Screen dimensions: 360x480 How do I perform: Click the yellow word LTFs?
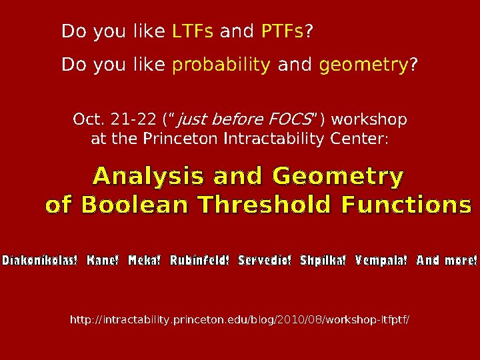(x=193, y=31)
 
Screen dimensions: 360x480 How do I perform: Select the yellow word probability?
(x=221, y=66)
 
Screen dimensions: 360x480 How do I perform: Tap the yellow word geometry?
(x=363, y=66)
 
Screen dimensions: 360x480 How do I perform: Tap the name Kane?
(x=103, y=260)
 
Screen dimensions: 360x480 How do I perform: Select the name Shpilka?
(x=323, y=260)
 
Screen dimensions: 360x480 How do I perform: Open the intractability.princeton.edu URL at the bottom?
(x=240, y=321)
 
